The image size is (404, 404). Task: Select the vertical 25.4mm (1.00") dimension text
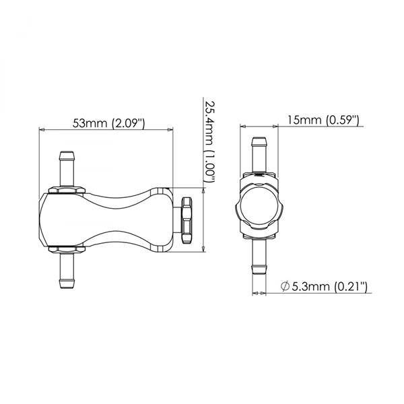point(209,143)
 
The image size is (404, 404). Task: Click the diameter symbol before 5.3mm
point(286,287)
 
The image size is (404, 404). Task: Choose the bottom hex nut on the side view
point(67,246)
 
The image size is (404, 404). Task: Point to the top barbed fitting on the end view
point(259,154)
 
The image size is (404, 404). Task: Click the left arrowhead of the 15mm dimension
point(244,127)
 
